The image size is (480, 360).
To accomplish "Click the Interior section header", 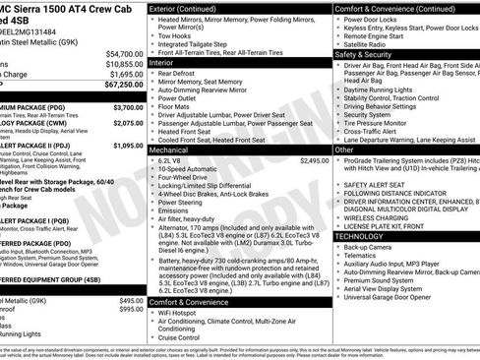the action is click(x=166, y=61).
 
